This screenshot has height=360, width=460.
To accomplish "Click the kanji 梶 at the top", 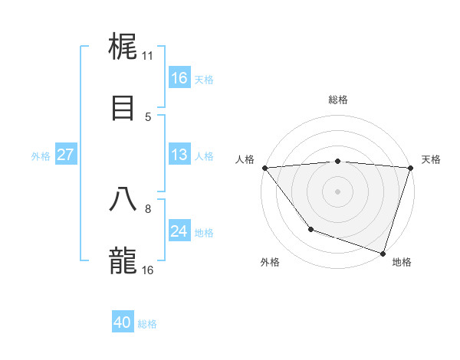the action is click(123, 47).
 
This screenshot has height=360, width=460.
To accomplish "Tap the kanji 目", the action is click(123, 107).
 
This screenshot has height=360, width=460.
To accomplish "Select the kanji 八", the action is click(123, 199).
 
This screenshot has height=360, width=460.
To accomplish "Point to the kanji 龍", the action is click(123, 261).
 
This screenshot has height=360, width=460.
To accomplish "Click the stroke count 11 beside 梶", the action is click(147, 56).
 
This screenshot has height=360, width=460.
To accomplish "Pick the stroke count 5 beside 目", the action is click(147, 116).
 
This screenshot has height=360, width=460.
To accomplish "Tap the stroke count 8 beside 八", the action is click(147, 208).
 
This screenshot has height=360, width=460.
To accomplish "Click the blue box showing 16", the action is click(179, 78).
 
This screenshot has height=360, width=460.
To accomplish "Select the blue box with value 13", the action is click(179, 155).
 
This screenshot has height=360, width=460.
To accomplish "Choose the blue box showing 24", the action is click(179, 231).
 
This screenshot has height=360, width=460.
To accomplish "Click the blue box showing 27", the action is click(65, 155).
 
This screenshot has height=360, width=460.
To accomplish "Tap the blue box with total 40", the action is click(123, 323).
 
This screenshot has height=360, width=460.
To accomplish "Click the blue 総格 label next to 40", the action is click(148, 324).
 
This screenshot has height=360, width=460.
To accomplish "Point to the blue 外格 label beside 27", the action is click(41, 155).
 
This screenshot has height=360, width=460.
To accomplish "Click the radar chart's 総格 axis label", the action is click(338, 100).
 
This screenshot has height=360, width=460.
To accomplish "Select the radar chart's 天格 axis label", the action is click(432, 159).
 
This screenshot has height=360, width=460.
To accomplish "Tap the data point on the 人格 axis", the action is click(264, 168).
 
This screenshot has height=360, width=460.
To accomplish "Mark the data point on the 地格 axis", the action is click(383, 253).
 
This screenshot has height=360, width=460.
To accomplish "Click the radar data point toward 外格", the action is click(310, 229).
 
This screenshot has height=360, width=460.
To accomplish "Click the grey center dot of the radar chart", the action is click(337, 191).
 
